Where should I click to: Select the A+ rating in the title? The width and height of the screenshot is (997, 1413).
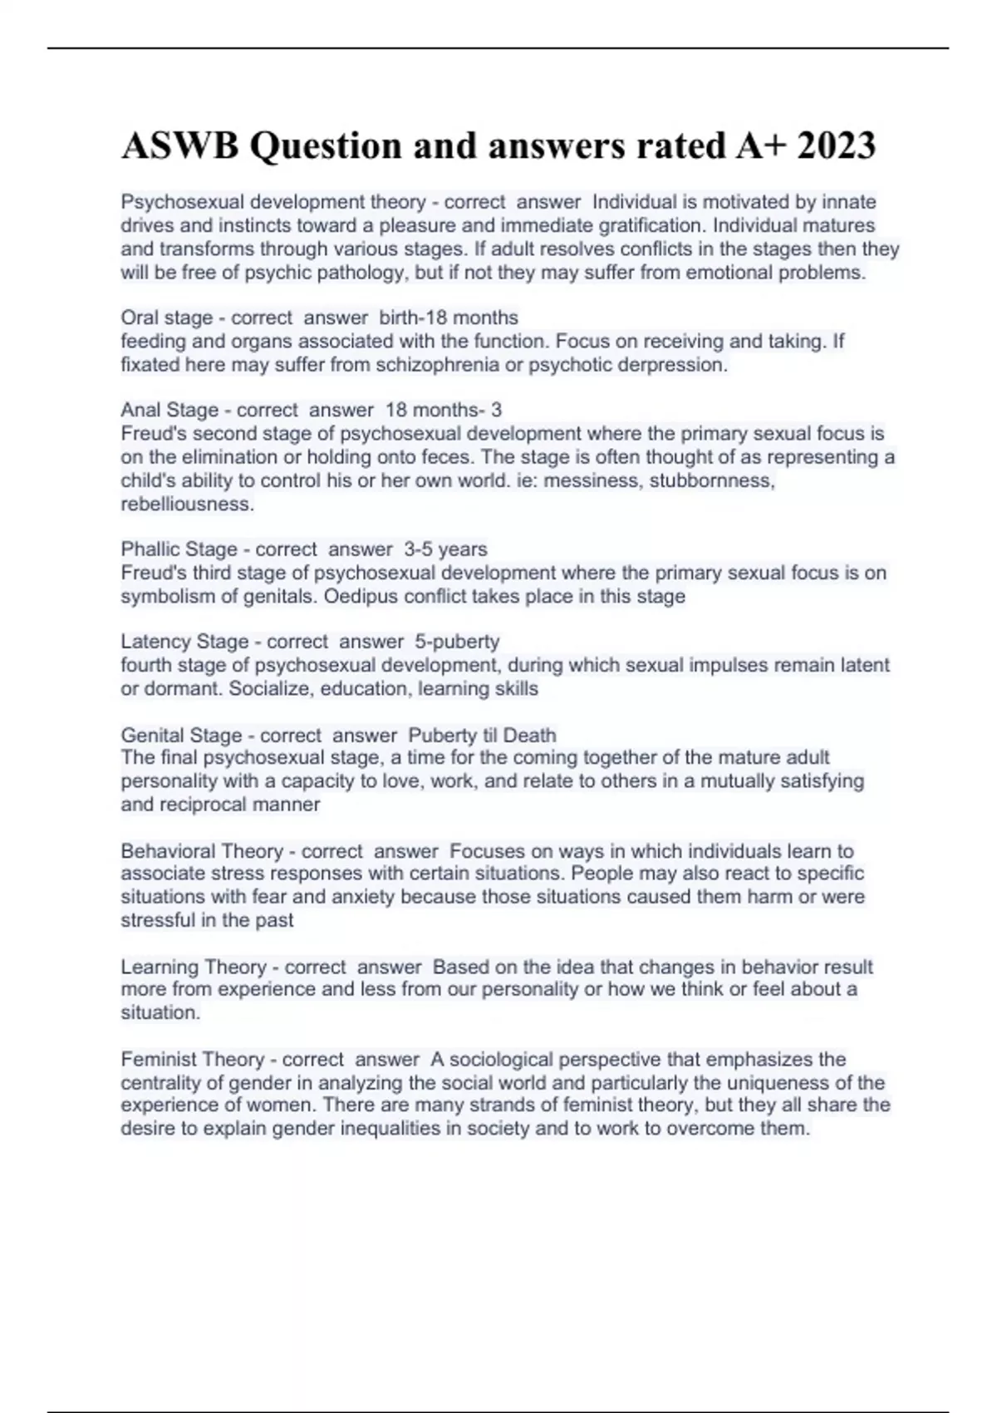[x=761, y=146]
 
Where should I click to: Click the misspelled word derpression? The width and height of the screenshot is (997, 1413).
[x=678, y=365]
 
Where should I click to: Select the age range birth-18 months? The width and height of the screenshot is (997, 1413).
[x=449, y=318]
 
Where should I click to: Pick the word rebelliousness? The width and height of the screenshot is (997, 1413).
[x=187, y=504]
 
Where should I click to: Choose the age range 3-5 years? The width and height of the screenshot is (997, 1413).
[x=445, y=549]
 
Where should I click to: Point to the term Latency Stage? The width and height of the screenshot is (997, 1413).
[x=184, y=642]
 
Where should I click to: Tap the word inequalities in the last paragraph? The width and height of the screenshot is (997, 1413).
[x=474, y=1129]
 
